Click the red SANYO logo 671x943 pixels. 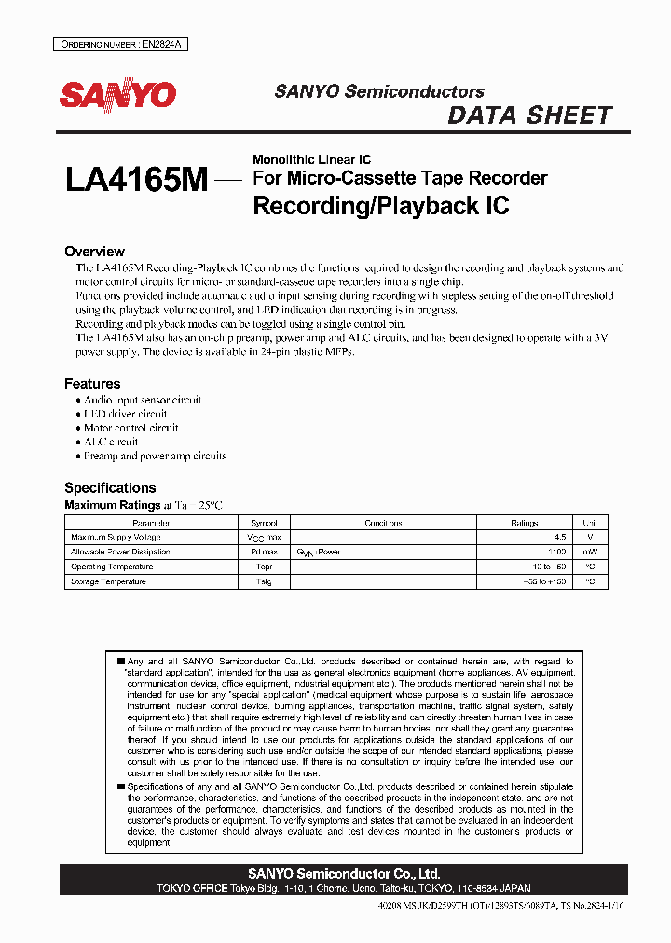click(117, 95)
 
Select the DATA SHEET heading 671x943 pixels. click(529, 116)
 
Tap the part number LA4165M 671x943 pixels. click(136, 180)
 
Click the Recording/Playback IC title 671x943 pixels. click(381, 205)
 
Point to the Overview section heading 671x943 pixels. click(94, 252)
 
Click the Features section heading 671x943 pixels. click(92, 384)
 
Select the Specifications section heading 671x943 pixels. click(110, 487)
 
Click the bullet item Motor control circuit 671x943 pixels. click(131, 428)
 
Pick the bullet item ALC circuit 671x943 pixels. click(111, 442)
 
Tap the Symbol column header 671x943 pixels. click(264, 523)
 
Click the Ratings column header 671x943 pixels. click(525, 523)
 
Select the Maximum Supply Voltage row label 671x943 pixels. click(116, 538)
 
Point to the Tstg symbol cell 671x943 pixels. click(264, 581)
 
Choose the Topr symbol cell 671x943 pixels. click(264, 567)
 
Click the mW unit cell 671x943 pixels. click(590, 553)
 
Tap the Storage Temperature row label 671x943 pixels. click(108, 581)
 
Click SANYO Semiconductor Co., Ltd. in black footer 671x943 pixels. click(344, 874)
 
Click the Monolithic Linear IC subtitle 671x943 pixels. click(311, 160)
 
